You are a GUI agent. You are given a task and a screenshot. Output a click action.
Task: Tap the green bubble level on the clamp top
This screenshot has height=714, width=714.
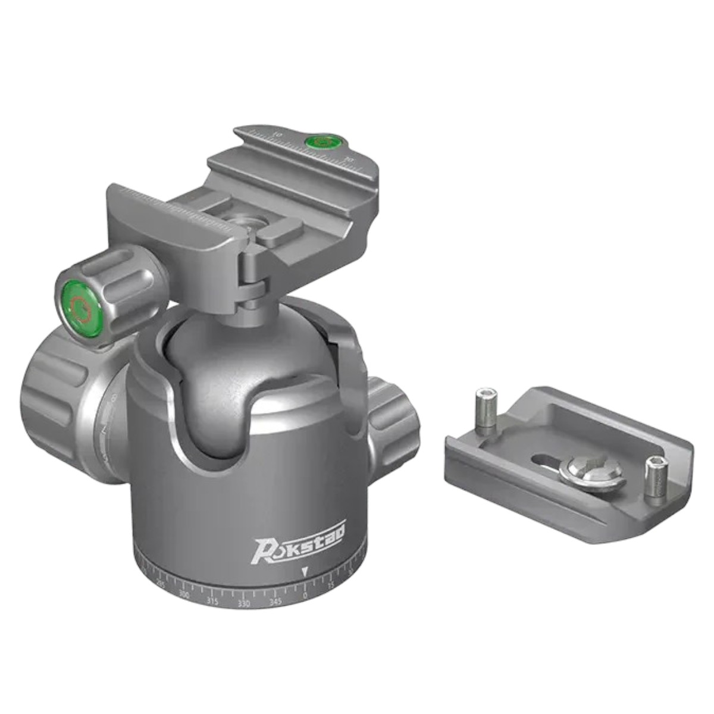point(320,142)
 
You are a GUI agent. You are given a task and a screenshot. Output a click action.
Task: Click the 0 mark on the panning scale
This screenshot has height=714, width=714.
point(305,595)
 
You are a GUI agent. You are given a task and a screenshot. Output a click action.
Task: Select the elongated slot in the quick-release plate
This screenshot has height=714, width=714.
point(547,461)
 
